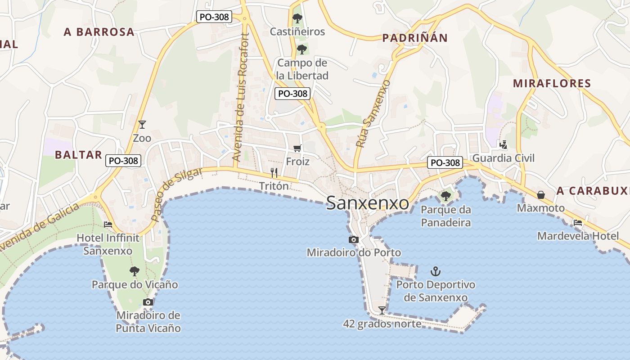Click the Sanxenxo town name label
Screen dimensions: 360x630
tap(368, 203)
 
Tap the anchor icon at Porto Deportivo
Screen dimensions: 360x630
tap(435, 271)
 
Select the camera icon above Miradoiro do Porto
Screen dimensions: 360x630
tap(354, 239)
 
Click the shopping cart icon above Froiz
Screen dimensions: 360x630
tap(297, 148)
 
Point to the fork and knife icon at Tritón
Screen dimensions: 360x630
tap(274, 172)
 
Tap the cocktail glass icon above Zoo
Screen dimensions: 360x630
tap(142, 124)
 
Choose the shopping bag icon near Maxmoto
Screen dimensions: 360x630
tap(541, 195)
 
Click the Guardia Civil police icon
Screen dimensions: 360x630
tap(503, 144)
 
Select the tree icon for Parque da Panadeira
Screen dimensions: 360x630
tap(446, 196)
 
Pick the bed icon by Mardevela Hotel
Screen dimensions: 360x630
tap(578, 222)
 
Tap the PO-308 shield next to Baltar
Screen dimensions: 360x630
tap(123, 161)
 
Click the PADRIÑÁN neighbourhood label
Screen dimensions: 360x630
tap(415, 38)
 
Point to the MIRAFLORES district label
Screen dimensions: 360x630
tap(552, 83)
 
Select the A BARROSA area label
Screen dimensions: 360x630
tap(99, 32)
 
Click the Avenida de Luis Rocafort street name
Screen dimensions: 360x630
tap(240, 97)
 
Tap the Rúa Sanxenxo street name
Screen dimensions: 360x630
tap(372, 114)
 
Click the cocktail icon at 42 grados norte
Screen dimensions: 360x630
tap(382, 310)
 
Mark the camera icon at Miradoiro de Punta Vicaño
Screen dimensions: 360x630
tap(148, 302)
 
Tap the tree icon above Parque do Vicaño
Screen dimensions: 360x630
tap(134, 271)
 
